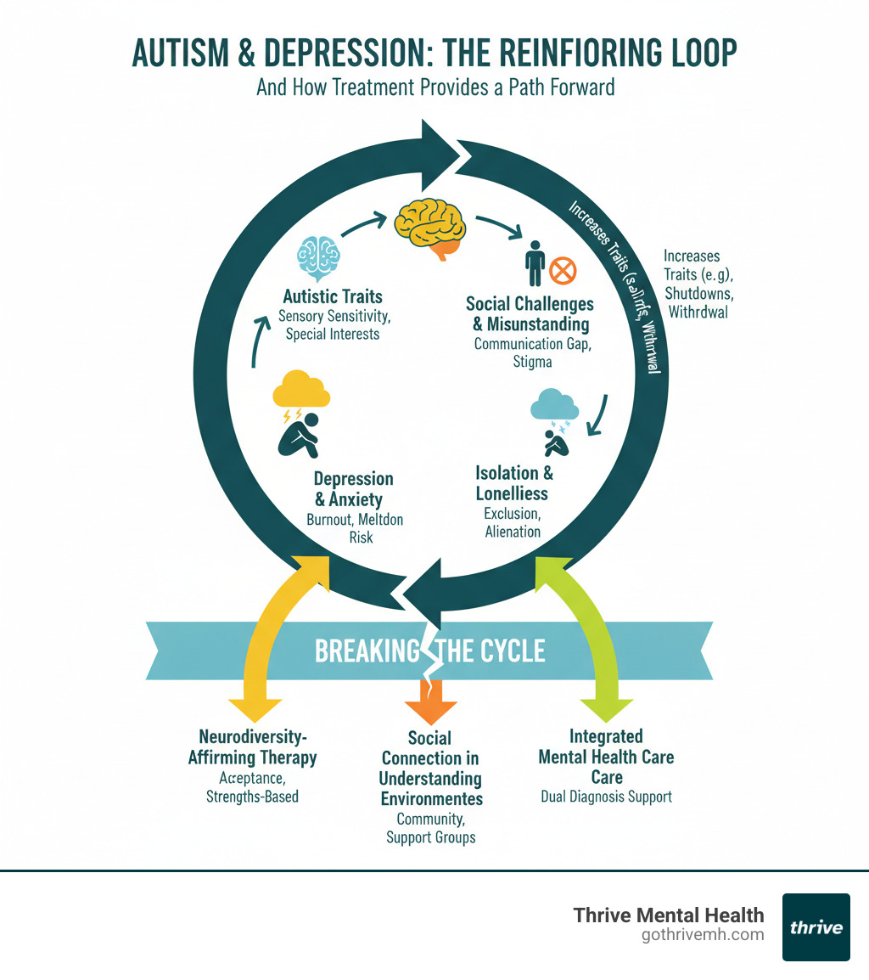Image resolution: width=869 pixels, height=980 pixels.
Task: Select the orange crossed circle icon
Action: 563,272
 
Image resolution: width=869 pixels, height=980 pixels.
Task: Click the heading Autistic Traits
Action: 333,296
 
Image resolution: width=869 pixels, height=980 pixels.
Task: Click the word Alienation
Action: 513,532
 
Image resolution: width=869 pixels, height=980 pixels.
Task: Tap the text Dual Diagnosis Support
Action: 606,797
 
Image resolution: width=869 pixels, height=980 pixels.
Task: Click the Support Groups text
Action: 431,837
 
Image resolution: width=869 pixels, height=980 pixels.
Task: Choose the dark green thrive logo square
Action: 816,926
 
